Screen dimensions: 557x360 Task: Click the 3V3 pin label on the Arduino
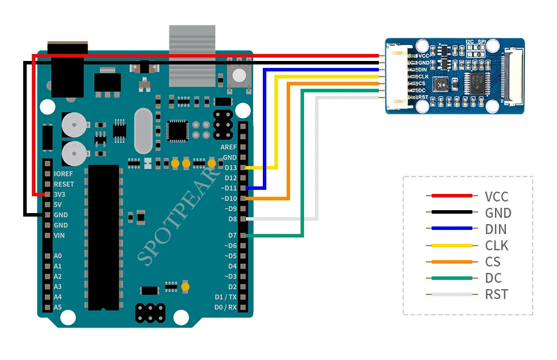coord(59,195)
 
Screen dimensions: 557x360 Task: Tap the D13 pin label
coord(230,167)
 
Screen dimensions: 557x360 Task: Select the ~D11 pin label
coord(229,188)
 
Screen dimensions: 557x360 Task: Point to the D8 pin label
coord(232,219)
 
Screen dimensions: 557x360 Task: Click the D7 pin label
coord(232,235)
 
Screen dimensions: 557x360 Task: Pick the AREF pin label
coord(229,147)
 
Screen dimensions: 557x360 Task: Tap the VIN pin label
coord(59,235)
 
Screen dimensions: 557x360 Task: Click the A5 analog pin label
coord(57,307)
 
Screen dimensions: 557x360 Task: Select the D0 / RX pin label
coord(226,307)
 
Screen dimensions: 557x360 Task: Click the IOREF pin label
coord(63,174)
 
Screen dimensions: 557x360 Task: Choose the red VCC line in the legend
coord(452,196)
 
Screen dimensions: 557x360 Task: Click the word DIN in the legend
coord(496,229)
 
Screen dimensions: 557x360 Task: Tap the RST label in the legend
coord(497,294)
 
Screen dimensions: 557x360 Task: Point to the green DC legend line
coord(452,278)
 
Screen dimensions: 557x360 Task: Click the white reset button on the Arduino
coord(239,75)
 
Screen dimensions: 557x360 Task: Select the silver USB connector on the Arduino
coord(192,56)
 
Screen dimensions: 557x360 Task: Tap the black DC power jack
coord(67,69)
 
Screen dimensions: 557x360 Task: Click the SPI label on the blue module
coord(482,42)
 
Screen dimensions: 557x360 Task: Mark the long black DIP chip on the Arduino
coord(103,237)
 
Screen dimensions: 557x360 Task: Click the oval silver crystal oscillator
coord(143,131)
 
